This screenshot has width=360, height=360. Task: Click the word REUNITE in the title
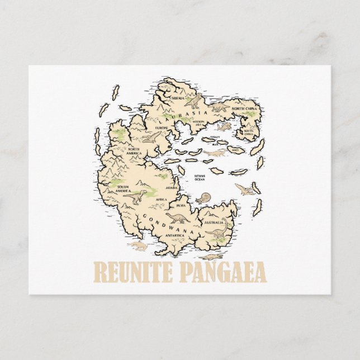132,273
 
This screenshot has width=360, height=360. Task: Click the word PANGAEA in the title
222,273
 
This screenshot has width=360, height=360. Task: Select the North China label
244,109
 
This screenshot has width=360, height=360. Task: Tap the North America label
134,151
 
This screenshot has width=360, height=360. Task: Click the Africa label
161,200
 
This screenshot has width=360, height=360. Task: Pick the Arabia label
172,188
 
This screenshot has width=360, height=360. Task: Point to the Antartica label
174,235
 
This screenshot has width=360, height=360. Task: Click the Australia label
215,222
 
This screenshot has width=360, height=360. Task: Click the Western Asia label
184,122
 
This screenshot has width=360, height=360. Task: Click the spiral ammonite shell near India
202,198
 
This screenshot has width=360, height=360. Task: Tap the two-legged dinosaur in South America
136,196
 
